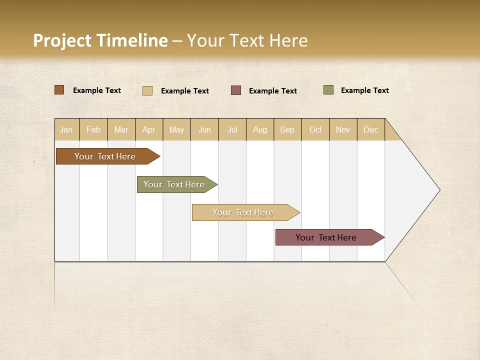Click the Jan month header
tap(66, 129)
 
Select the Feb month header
tap(93, 129)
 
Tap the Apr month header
tap(149, 129)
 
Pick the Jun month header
tap(204, 129)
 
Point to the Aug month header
tap(260, 129)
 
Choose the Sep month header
tap(287, 129)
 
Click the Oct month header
tap(315, 129)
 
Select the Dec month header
tap(371, 129)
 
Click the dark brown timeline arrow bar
tap(105, 156)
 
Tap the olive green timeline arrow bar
tap(174, 184)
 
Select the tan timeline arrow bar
tap(243, 212)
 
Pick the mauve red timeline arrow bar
tap(326, 237)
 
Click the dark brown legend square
tap(59, 90)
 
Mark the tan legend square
tap(147, 90)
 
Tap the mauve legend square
tap(236, 90)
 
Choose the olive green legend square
tap(328, 90)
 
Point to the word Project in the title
tap(62, 40)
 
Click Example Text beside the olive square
tap(364, 90)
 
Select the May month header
tap(176, 129)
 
